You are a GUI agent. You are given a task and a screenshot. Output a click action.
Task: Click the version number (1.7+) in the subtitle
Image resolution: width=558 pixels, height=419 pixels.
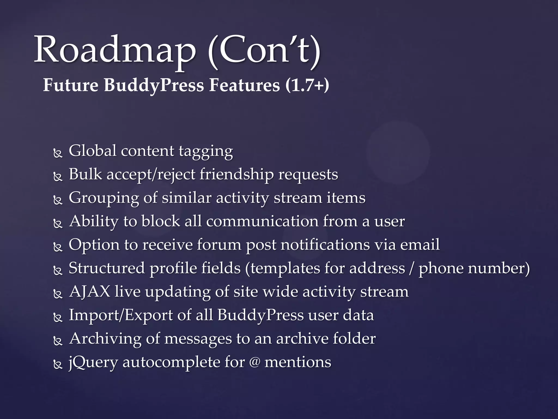coord(307,85)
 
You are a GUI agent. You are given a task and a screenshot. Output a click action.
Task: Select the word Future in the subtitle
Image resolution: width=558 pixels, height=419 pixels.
coord(71,85)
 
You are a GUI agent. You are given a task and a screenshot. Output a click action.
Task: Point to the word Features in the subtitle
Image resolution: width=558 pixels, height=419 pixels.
coord(244,85)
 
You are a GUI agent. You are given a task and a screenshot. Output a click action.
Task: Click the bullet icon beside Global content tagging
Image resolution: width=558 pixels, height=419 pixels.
coord(58,154)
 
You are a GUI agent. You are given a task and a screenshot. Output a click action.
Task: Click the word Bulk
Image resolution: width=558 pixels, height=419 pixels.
coord(85,174)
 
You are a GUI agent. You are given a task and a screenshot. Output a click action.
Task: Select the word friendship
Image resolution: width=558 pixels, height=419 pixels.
coord(236,175)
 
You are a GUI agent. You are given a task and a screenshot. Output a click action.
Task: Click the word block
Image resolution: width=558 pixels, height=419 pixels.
coord(160,221)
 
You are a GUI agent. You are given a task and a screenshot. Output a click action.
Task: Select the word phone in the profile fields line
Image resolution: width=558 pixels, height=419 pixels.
coord(441,268)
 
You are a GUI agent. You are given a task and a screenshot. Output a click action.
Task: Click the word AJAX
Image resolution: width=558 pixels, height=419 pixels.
coord(90,291)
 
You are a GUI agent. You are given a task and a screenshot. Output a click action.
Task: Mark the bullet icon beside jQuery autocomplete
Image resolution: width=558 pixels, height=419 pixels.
coord(58,365)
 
